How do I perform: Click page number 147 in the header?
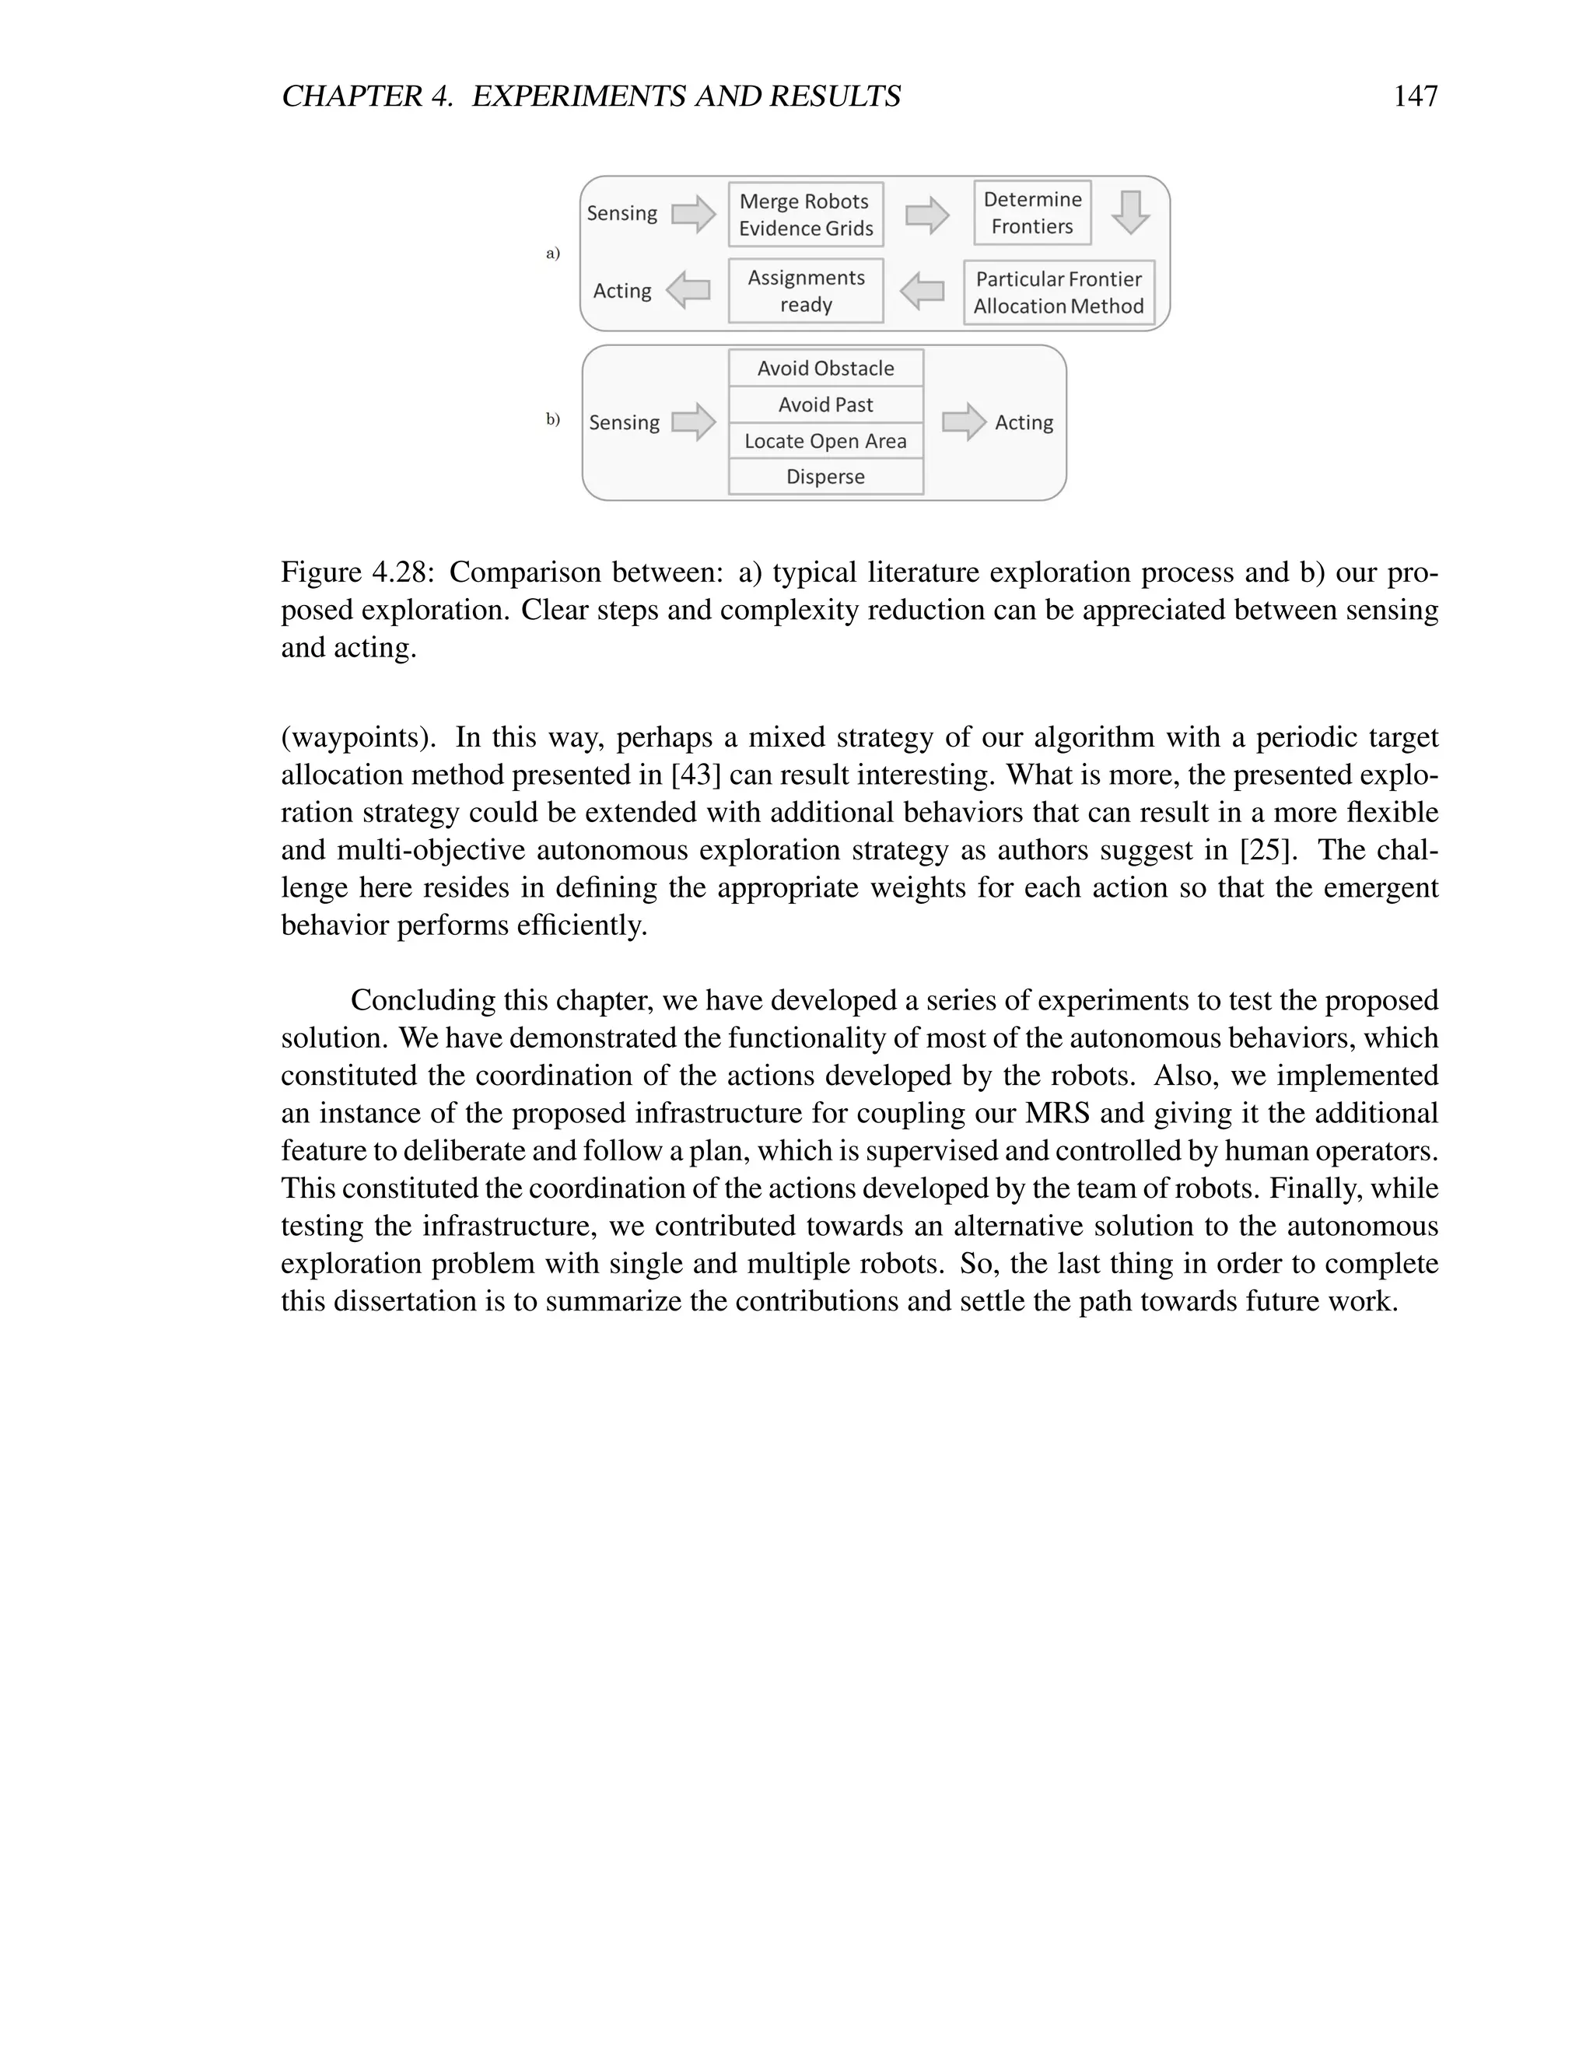pyautogui.click(x=1415, y=96)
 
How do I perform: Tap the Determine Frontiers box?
pyautogui.click(x=1031, y=212)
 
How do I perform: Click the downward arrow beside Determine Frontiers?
pyautogui.click(x=1129, y=212)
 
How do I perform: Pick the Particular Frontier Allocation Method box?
pyautogui.click(x=1058, y=292)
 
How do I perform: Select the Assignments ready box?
pyautogui.click(x=805, y=291)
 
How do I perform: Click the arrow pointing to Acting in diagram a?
pyautogui.click(x=688, y=290)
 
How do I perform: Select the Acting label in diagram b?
pyautogui.click(x=1023, y=423)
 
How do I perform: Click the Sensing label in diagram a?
pyautogui.click(x=622, y=213)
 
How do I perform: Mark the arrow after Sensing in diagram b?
pyautogui.click(x=694, y=422)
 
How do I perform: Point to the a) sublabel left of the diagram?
pyautogui.click(x=553, y=253)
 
